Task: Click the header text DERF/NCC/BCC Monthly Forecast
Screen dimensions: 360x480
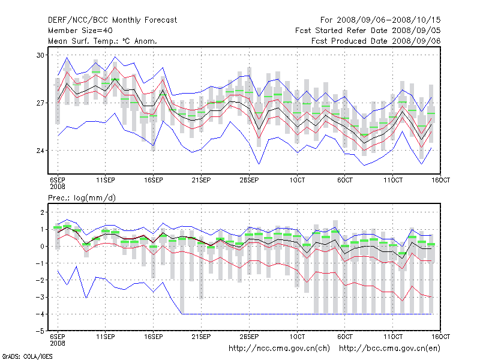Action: [112, 20]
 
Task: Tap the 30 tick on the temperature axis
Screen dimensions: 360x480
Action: [41, 55]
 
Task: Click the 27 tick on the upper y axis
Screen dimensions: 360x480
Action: [41, 103]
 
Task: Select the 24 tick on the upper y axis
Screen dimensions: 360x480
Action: [41, 151]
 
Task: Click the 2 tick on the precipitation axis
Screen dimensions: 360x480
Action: [43, 212]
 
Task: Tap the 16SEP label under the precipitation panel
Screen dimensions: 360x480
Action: [153, 337]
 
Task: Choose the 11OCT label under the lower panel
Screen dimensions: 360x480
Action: [393, 337]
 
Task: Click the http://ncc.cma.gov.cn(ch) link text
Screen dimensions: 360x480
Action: [281, 348]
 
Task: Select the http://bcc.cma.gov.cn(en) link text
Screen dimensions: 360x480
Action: [391, 348]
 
